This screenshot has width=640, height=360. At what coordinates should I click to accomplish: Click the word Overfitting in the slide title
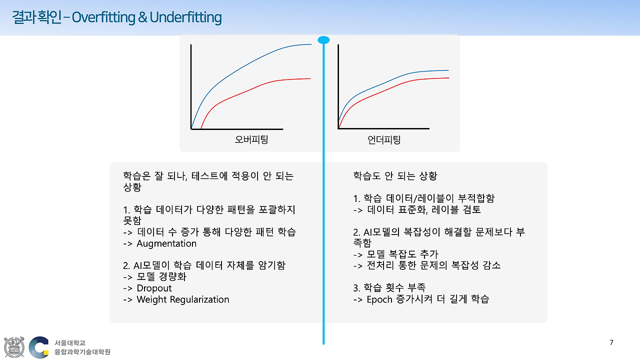[103, 17]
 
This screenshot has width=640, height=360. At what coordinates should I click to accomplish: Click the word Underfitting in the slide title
[185, 17]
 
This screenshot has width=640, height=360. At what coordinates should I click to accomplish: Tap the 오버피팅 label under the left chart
[251, 139]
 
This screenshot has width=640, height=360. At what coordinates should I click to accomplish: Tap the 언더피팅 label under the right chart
[384, 139]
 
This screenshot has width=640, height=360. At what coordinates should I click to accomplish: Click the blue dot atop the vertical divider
[323, 40]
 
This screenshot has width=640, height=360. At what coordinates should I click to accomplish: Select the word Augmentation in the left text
[166, 243]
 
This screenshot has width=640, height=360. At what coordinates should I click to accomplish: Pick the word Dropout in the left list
[154, 288]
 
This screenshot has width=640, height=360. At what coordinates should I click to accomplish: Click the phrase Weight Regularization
[182, 299]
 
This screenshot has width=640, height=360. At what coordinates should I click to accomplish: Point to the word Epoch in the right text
[380, 299]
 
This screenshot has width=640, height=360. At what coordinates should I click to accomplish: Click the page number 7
[611, 342]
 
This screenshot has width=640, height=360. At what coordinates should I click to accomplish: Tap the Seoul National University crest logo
[14, 347]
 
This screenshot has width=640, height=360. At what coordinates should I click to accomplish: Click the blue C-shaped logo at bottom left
[39, 347]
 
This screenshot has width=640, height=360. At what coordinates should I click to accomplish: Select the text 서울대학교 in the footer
[70, 342]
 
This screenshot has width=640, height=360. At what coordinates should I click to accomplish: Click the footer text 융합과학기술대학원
[82, 352]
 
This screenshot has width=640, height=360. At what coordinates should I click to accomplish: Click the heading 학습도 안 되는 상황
[395, 176]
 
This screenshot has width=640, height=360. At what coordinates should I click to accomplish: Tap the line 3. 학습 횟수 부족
[389, 287]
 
